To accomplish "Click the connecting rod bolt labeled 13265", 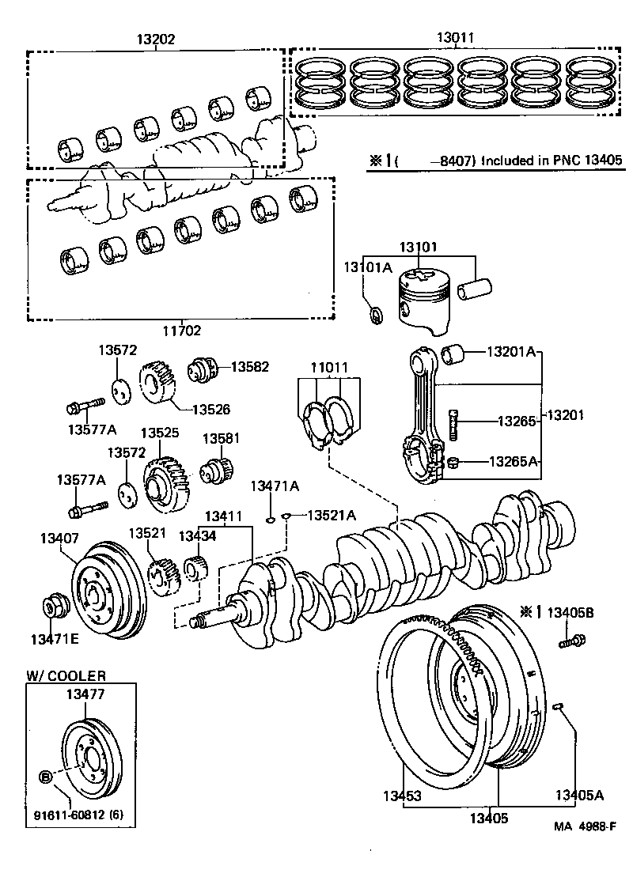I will (453, 424).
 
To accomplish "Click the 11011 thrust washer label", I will (328, 368).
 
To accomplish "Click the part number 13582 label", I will (249, 367).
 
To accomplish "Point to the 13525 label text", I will (160, 433).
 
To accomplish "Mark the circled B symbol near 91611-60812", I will (45, 777).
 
